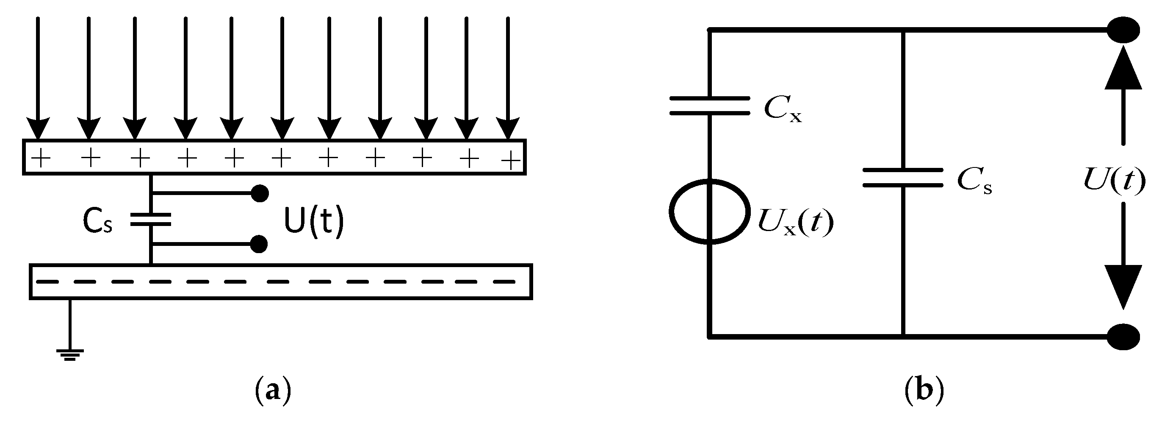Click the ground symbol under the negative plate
pyautogui.click(x=70, y=354)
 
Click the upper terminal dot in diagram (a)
pyautogui.click(x=259, y=193)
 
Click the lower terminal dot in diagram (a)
pyautogui.click(x=259, y=244)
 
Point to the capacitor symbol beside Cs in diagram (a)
pyautogui.click(x=151, y=219)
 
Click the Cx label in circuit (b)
pyautogui.click(x=783, y=110)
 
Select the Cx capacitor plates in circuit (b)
pyautogui.click(x=710, y=106)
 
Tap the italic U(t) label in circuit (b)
pyautogui.click(x=1114, y=181)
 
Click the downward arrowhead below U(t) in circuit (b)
pyautogui.click(x=1123, y=287)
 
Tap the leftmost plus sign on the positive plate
pyautogui.click(x=41, y=159)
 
